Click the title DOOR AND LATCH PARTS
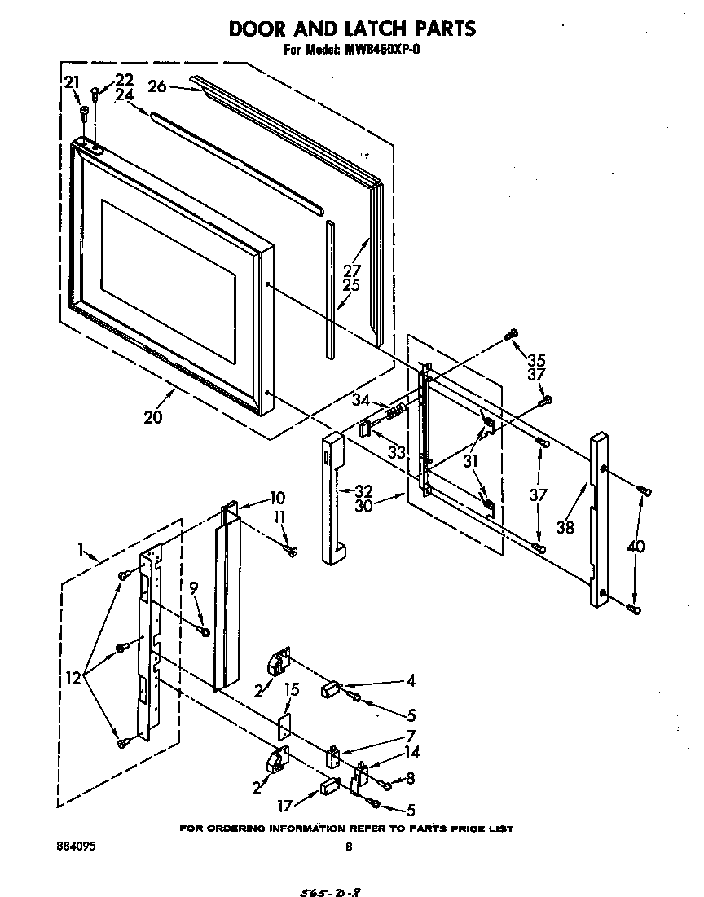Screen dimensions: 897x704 (351, 29)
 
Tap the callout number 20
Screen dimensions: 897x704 (152, 417)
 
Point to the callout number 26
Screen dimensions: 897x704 (157, 86)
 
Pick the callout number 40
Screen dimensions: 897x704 (636, 546)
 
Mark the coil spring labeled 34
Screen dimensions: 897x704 (394, 412)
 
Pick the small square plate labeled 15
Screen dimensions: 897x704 (284, 728)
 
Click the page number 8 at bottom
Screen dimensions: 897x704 (349, 847)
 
